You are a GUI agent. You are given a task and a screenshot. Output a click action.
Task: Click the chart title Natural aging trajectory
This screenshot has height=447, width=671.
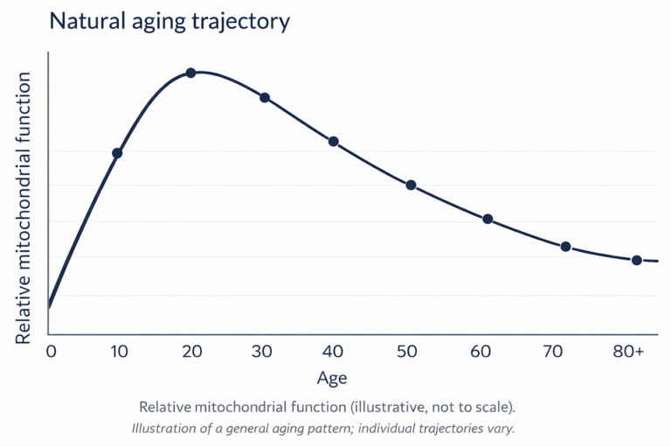click(x=169, y=22)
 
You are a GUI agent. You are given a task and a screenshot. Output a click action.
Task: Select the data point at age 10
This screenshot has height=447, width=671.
click(x=117, y=153)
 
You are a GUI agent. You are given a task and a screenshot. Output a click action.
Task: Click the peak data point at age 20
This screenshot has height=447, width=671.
click(x=190, y=73)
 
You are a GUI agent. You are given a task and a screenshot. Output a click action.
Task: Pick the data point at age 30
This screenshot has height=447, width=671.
click(x=265, y=98)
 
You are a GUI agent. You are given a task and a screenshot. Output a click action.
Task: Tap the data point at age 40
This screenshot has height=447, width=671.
click(x=333, y=142)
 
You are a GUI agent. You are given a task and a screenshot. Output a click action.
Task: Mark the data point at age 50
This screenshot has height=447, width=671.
click(x=411, y=185)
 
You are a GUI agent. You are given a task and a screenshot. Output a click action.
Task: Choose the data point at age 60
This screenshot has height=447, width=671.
click(x=488, y=219)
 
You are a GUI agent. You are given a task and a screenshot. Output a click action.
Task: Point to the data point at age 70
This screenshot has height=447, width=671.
click(x=565, y=247)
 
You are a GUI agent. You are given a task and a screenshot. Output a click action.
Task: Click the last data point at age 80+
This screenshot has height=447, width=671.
click(x=637, y=260)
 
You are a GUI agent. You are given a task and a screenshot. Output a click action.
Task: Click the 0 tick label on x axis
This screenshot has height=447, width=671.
click(x=51, y=352)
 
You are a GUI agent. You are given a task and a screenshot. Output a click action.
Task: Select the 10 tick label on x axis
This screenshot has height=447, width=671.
click(x=119, y=352)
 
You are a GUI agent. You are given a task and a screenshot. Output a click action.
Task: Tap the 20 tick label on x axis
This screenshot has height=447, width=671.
click(x=191, y=352)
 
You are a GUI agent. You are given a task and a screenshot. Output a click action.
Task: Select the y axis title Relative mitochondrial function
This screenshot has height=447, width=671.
click(x=24, y=207)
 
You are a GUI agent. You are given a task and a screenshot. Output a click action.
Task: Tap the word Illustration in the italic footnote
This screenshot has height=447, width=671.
click(x=167, y=429)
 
